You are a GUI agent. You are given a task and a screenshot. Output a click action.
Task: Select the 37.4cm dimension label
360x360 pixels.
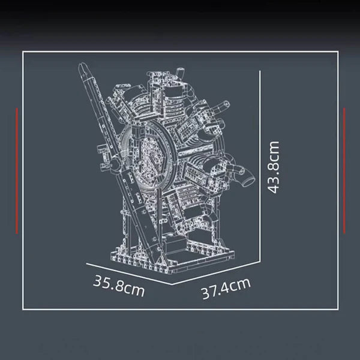point(225,292)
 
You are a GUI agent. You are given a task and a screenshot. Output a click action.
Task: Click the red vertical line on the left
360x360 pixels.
point(17,170)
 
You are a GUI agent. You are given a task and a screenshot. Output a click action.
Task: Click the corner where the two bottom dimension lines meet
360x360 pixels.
point(173,283)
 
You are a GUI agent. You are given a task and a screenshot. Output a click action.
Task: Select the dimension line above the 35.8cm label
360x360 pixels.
point(129,272)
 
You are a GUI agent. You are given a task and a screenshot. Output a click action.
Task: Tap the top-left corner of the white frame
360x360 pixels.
point(23,52)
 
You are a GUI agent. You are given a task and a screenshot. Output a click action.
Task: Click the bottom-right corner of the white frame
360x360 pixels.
point(337,311)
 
